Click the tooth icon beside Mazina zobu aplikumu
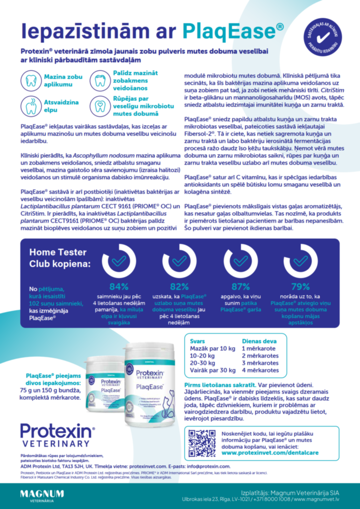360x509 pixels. [31, 80]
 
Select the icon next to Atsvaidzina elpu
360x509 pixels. [31, 105]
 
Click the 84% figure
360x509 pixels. [119, 287]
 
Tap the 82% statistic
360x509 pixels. [179, 287]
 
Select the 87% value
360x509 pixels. [240, 287]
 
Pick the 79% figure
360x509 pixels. [300, 287]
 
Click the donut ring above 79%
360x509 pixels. [300, 261]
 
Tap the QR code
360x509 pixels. [202, 443]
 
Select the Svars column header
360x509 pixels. [198, 342]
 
